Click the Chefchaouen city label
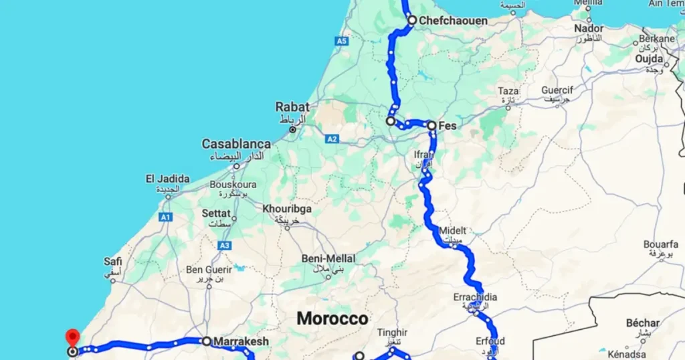[453, 21]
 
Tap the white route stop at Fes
[431, 125]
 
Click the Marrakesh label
[241, 341]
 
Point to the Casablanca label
[236, 144]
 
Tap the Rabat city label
[292, 107]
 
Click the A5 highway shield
[342, 41]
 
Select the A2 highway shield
[332, 139]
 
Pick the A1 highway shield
[166, 217]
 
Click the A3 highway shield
[224, 246]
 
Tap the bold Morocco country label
[332, 319]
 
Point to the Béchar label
[643, 323]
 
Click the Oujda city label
[649, 59]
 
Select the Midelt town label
[453, 231]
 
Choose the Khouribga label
[287, 209]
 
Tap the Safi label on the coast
[113, 262]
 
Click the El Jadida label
[167, 179]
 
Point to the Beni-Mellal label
[328, 258]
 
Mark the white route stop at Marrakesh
[207, 341]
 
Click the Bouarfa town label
[661, 244]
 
